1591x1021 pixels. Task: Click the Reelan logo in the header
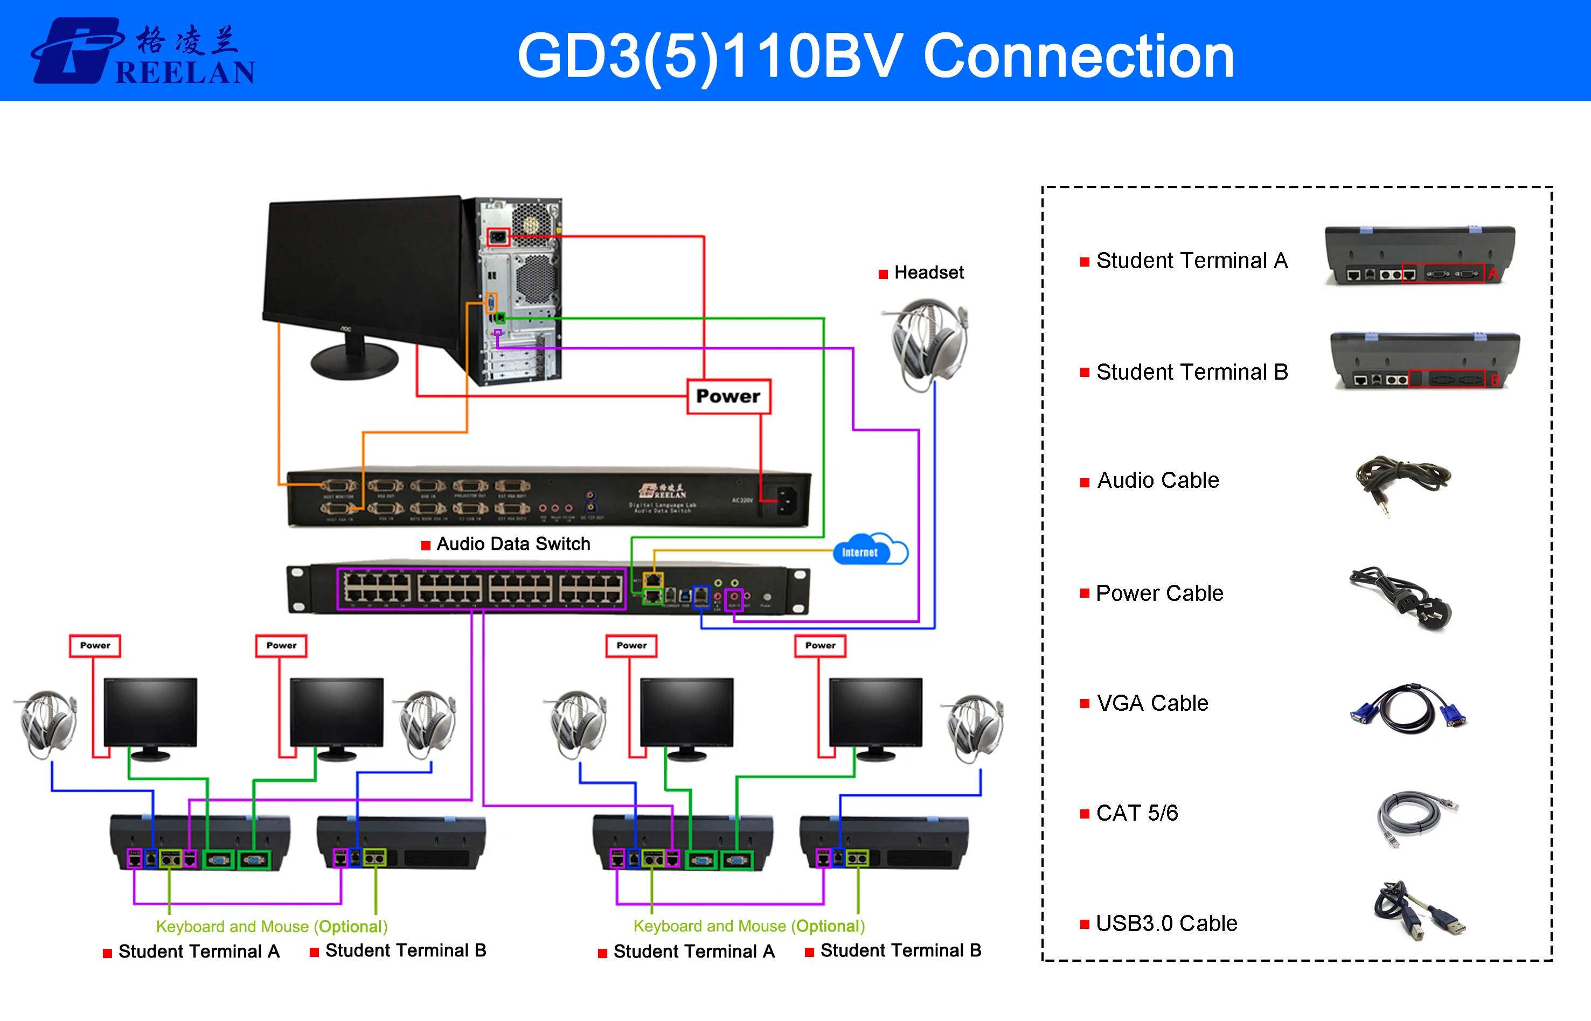click(x=143, y=52)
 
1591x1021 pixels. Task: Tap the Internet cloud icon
click(x=870, y=550)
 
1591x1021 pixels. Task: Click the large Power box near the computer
click(x=728, y=396)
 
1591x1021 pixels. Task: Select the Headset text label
click(x=928, y=272)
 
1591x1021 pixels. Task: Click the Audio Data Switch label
click(x=513, y=544)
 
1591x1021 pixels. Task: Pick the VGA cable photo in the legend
click(x=1407, y=708)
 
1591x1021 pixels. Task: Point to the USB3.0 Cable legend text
click(x=1166, y=924)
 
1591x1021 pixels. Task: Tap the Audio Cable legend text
click(x=1158, y=480)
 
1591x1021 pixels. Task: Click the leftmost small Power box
click(x=95, y=645)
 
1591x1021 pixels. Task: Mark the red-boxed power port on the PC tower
click(x=498, y=237)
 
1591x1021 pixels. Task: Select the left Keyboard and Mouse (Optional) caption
click(x=271, y=926)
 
